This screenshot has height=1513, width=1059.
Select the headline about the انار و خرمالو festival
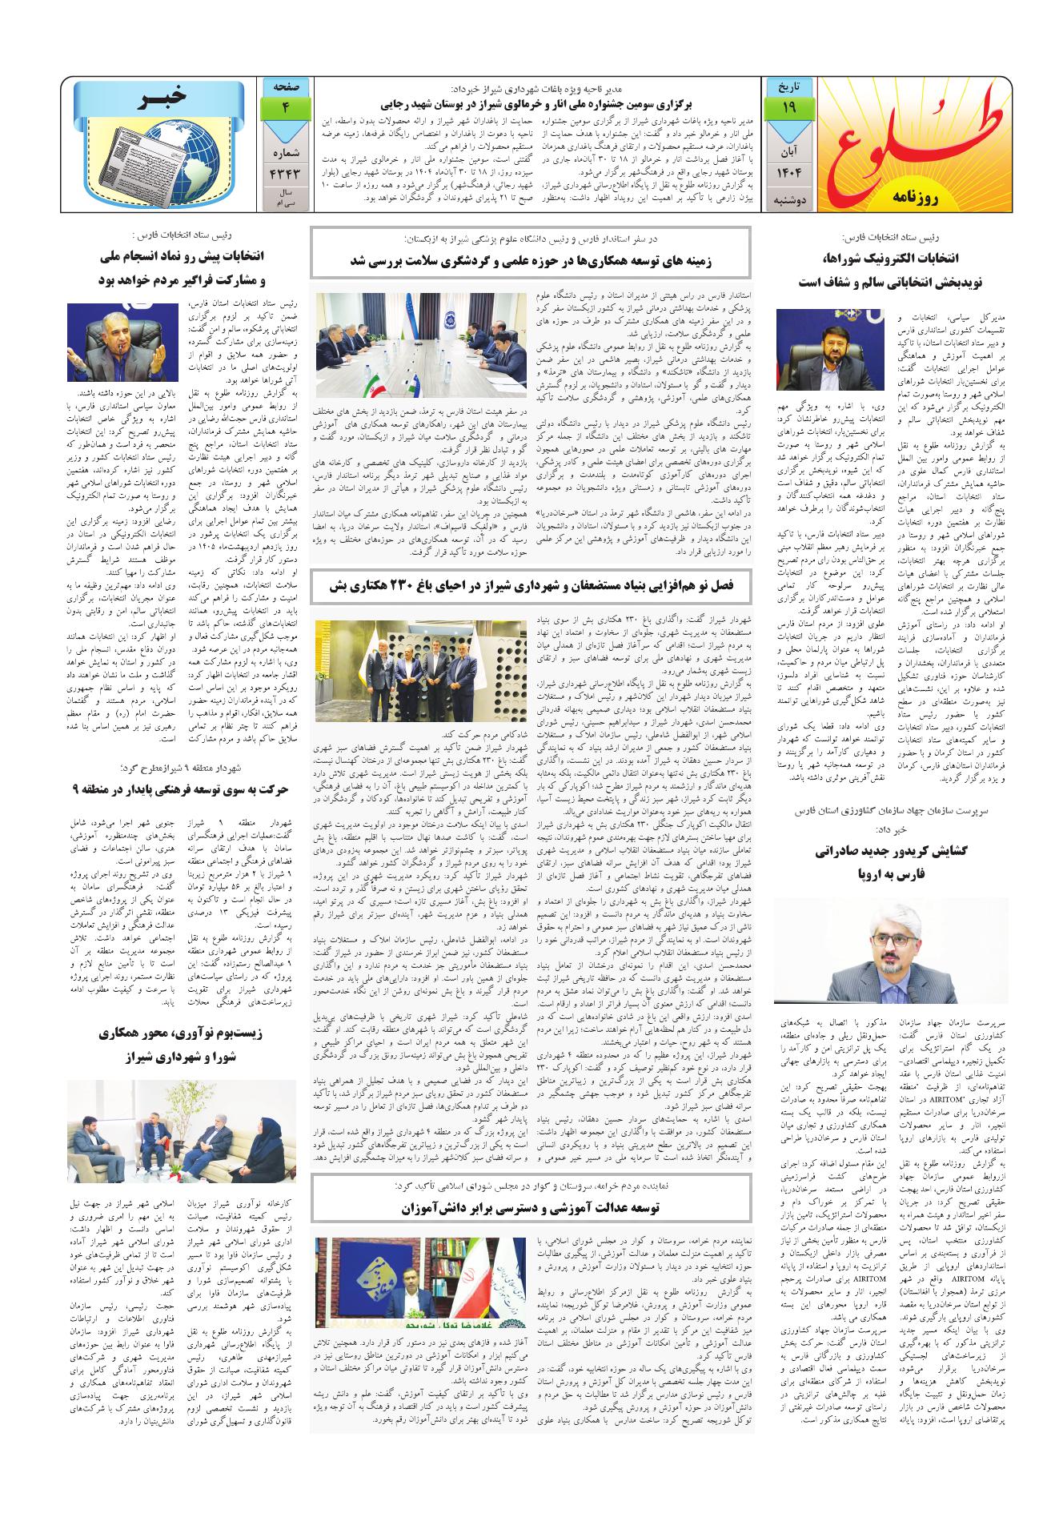[528, 105]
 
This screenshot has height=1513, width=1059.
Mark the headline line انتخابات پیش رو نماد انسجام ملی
[187, 259]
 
